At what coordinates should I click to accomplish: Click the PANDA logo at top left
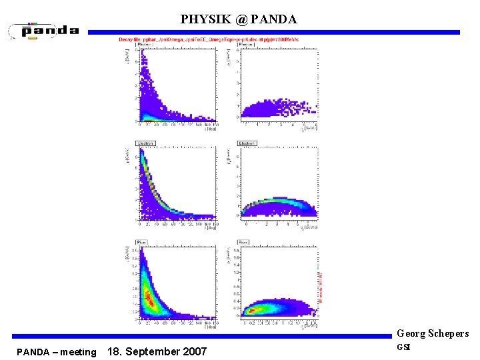(45, 31)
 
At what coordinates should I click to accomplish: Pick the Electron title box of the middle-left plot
(146, 143)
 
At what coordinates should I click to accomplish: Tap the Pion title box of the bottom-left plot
(143, 241)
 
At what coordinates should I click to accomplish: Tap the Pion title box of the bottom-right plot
(245, 241)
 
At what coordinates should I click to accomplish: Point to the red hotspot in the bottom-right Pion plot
(251, 310)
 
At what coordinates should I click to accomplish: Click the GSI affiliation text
(405, 347)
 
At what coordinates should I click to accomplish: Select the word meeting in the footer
(78, 352)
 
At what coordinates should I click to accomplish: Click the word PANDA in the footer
(33, 352)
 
